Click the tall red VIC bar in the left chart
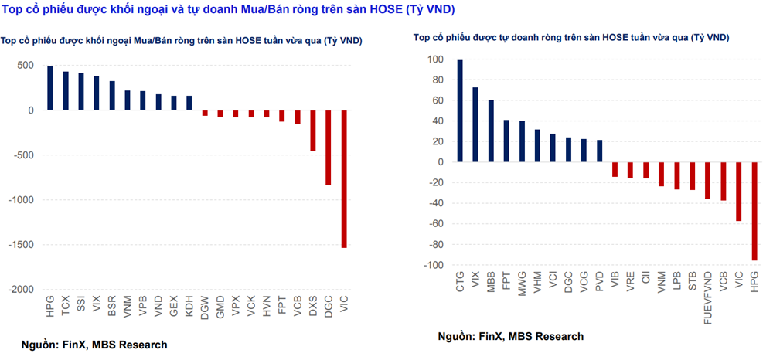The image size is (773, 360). (344, 178)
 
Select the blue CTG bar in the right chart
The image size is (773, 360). (460, 111)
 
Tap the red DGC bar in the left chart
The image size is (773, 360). (329, 148)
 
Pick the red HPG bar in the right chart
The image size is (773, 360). (754, 211)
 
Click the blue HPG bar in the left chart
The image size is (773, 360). (50, 88)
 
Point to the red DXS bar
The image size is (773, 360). (313, 131)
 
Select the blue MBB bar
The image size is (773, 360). (491, 131)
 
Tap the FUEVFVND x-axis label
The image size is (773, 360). (708, 297)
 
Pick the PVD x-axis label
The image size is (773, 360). (600, 284)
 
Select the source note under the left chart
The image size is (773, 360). (94, 345)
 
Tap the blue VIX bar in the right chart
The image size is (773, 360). (475, 124)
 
